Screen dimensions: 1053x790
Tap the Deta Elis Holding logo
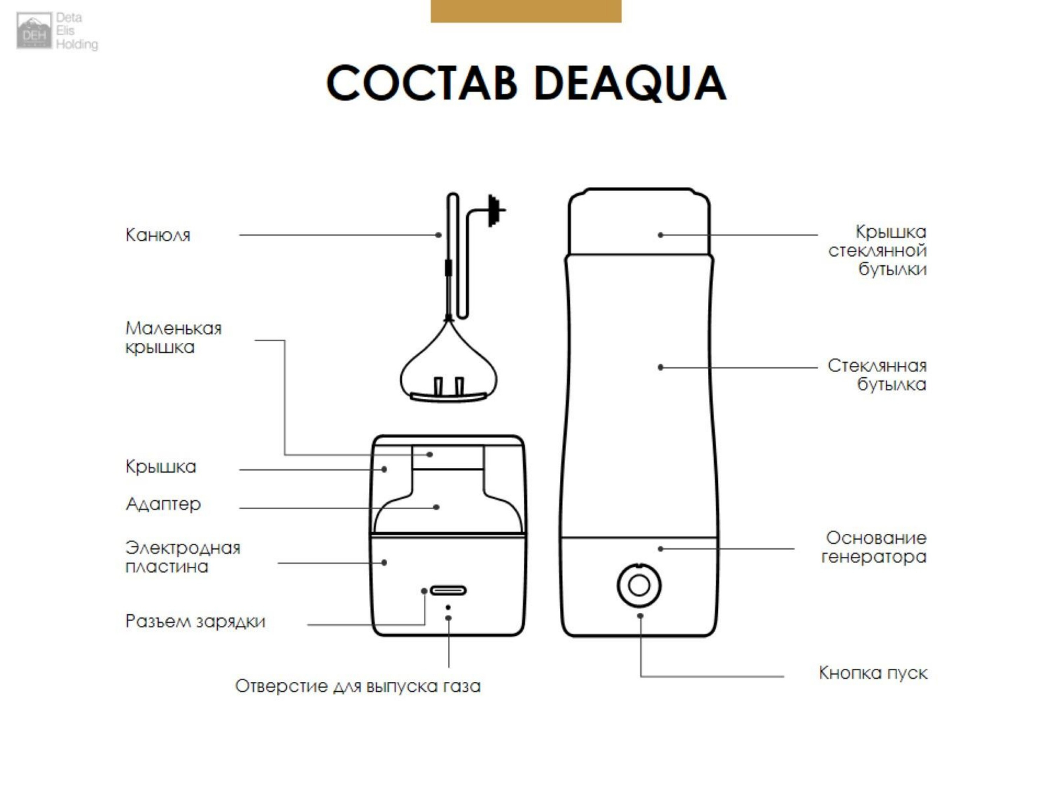tap(57, 31)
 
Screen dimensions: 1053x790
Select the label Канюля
tap(158, 235)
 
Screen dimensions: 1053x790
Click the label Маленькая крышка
tap(173, 338)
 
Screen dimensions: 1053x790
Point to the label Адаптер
tap(163, 504)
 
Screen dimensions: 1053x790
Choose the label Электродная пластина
tap(183, 557)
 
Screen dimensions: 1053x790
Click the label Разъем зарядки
tap(195, 621)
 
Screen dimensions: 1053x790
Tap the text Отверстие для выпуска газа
tap(358, 686)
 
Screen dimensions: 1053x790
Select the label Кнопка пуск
tap(873, 673)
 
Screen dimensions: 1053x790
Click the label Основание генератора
tap(874, 547)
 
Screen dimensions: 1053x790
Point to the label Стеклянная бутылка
tap(877, 375)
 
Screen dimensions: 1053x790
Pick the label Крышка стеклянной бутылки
tap(878, 251)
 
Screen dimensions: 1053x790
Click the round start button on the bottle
tap(639, 585)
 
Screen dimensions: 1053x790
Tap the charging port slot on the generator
tap(448, 591)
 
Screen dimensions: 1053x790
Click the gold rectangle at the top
tap(526, 11)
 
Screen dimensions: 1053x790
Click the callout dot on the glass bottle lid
tap(661, 235)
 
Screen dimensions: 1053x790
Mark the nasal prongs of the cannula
tap(448, 386)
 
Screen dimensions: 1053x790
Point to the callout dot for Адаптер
tap(436, 507)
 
